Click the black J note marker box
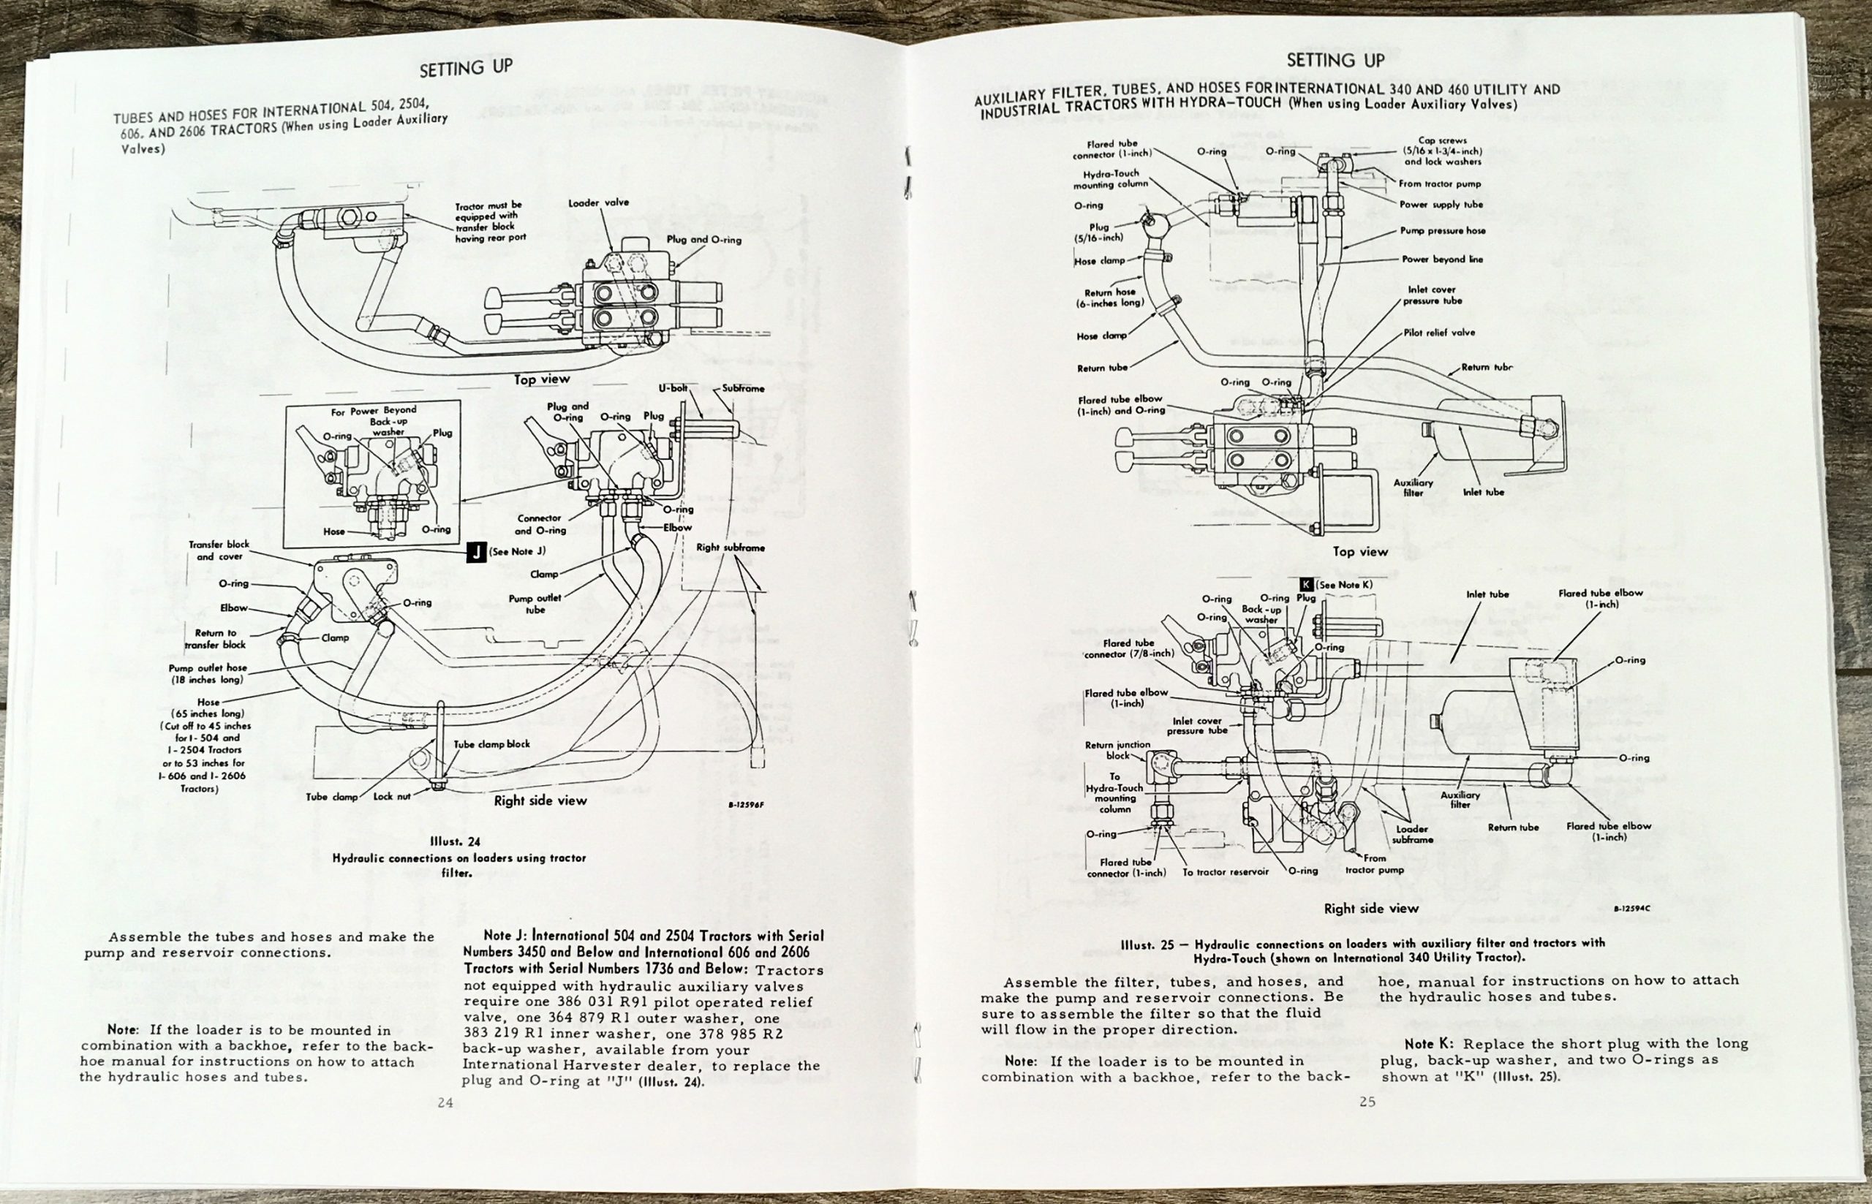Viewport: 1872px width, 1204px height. pyautogui.click(x=476, y=552)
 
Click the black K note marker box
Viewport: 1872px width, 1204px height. pyautogui.click(x=1306, y=584)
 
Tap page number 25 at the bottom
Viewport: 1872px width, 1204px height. pyautogui.click(x=1367, y=1102)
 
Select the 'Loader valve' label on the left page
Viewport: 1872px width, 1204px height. pyautogui.click(x=598, y=203)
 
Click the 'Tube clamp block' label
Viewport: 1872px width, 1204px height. pyautogui.click(x=492, y=743)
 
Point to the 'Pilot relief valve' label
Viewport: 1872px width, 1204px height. pyautogui.click(x=1439, y=333)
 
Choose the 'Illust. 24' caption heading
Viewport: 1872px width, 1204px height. pyautogui.click(x=454, y=842)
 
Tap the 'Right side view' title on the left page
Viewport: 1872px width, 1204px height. pyautogui.click(x=540, y=800)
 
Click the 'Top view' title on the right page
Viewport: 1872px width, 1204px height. pyautogui.click(x=1360, y=551)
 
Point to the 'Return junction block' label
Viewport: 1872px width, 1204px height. pyautogui.click(x=1117, y=751)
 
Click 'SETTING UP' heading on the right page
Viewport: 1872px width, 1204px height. pyautogui.click(x=1335, y=60)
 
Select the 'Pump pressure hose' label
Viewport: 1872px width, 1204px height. pyautogui.click(x=1442, y=230)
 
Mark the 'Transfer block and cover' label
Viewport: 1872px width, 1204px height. pyautogui.click(x=219, y=550)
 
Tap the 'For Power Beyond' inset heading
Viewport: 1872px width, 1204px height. pyautogui.click(x=374, y=409)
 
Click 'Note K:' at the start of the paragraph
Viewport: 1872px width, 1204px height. pyautogui.click(x=1430, y=1044)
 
